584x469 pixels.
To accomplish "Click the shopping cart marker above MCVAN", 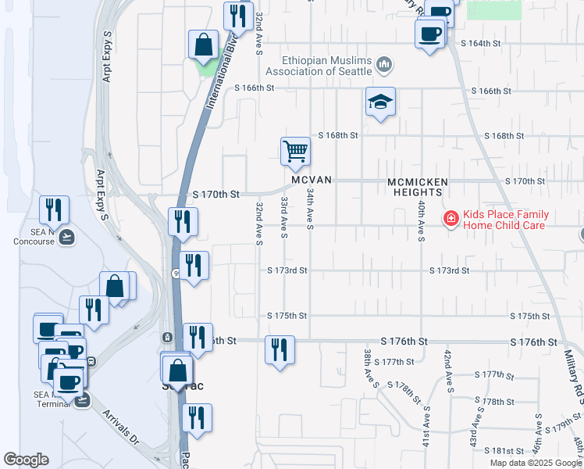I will point(296,151).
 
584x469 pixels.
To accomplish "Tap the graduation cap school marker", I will point(380,102).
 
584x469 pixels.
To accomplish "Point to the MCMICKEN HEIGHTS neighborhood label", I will point(418,187).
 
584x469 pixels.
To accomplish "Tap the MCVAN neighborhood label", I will point(312,180).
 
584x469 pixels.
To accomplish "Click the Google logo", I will point(26,460).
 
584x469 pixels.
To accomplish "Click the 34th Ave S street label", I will point(310,209).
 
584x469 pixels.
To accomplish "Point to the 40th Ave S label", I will point(421,219).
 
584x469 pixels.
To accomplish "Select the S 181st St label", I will point(504,451).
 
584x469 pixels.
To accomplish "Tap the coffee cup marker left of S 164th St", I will point(429,34).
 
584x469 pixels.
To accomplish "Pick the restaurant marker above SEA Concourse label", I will point(54,209).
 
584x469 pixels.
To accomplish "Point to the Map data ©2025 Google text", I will point(535,463).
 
